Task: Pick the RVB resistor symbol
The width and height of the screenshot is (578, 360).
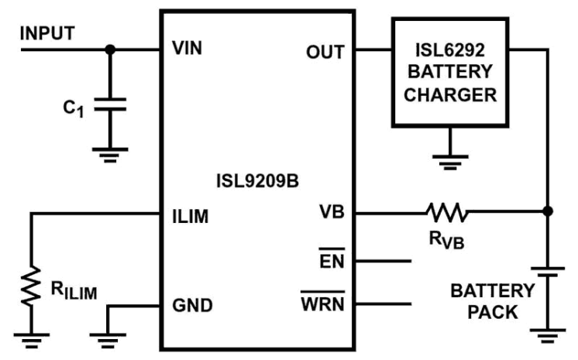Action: point(445,211)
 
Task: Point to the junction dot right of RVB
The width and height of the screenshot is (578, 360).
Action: point(548,211)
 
